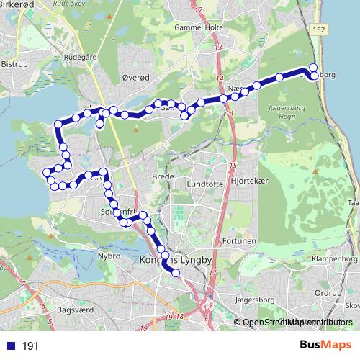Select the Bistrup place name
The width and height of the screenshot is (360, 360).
[x=14, y=65]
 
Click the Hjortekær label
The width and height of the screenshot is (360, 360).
[x=251, y=183]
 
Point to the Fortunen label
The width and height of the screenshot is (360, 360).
[x=239, y=241]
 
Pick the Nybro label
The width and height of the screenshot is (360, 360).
[x=109, y=256]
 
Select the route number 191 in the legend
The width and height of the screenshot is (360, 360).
[x=30, y=346]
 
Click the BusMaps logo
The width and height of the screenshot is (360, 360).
[x=325, y=345]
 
